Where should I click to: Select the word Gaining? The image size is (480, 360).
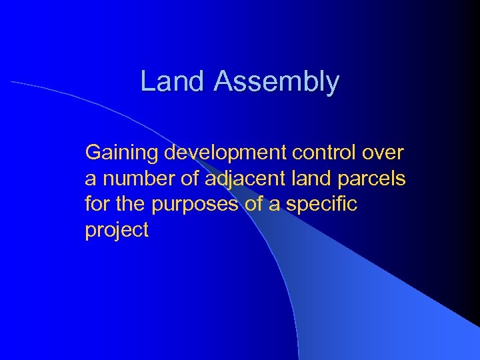122,154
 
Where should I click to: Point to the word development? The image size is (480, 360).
223,154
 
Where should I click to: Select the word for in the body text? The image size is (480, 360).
95,204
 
